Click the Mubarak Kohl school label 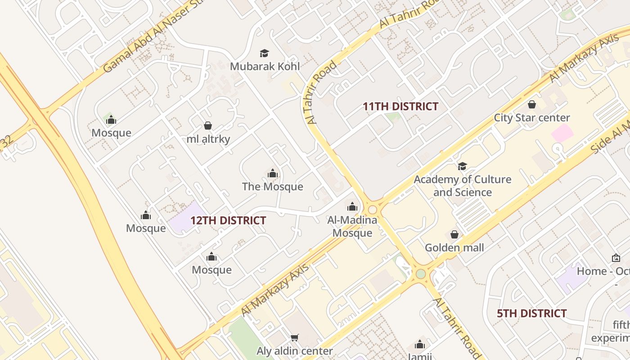pos(265,67)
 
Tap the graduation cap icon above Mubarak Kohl pos(265,54)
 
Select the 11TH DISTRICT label pos(400,107)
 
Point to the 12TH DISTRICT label pos(228,220)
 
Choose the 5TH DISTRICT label pos(531,313)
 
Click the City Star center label pos(532,118)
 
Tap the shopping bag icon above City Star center pos(532,105)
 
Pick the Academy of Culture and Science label pos(463,186)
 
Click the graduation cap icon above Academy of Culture pos(462,166)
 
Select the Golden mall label pos(454,247)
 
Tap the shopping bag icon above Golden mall pos(454,234)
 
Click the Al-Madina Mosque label pos(352,226)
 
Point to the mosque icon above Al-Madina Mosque pos(352,207)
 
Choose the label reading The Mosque pos(273,187)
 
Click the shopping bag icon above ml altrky pos(208,126)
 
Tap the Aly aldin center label pos(295,351)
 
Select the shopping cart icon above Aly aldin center pos(295,337)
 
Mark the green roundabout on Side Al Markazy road pos(421,274)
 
